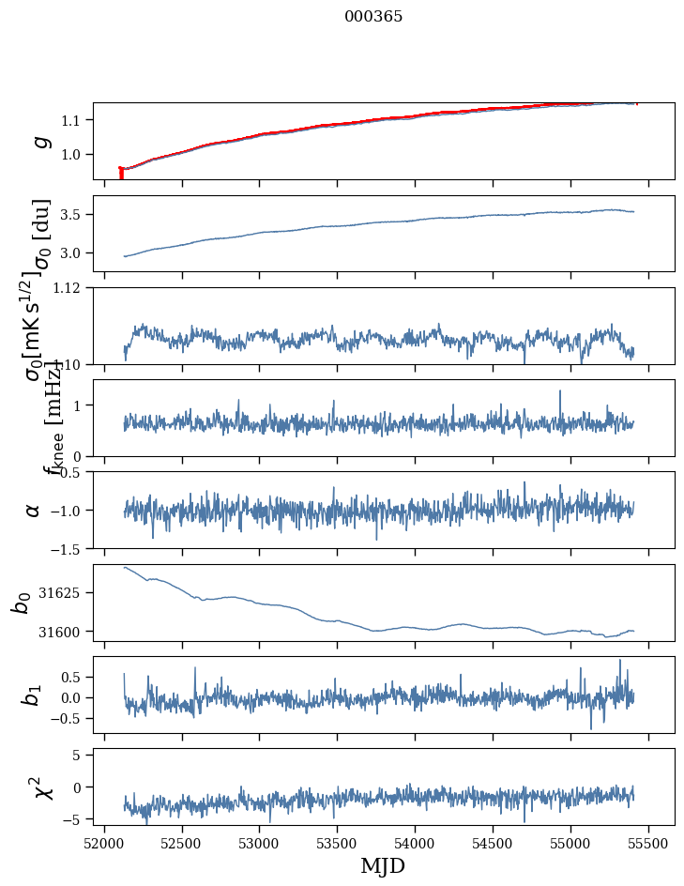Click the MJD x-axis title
(x=383, y=865)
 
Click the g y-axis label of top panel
(x=39, y=141)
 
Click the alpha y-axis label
(x=34, y=510)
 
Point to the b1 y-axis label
(x=34, y=695)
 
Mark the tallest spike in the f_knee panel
(x=560, y=391)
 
